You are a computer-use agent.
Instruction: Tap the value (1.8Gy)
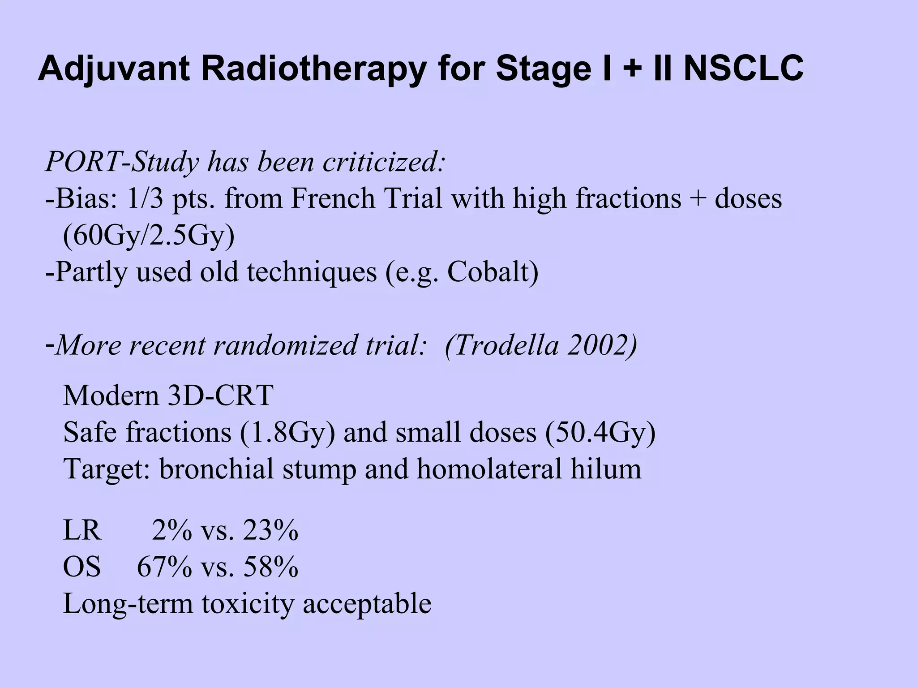(x=287, y=432)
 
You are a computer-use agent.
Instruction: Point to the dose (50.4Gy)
(x=600, y=432)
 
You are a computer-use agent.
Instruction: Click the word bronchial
(x=217, y=469)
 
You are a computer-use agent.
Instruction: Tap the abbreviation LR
(x=82, y=531)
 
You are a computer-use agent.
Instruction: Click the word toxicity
(x=249, y=604)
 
